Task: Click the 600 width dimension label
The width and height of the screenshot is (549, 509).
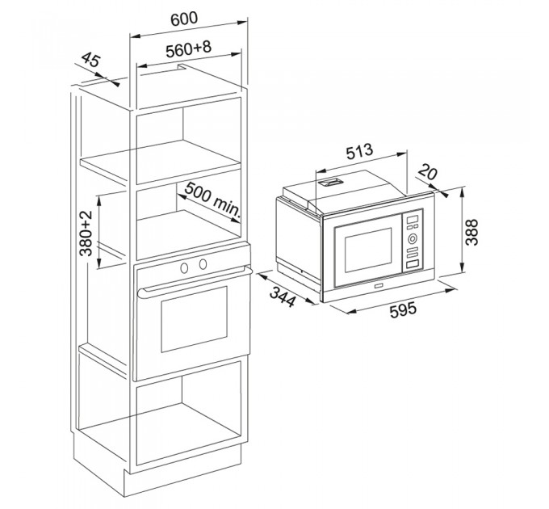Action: click(184, 19)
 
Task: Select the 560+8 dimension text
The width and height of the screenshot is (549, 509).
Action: click(189, 48)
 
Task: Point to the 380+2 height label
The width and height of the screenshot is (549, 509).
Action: click(85, 233)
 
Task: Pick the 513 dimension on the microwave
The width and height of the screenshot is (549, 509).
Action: click(359, 151)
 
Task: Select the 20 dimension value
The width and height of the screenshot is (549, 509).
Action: click(428, 171)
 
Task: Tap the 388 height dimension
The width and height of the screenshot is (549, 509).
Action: click(471, 232)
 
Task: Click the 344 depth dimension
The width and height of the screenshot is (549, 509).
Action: click(283, 297)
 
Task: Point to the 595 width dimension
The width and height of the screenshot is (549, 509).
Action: click(404, 309)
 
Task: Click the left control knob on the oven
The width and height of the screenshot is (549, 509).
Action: click(184, 268)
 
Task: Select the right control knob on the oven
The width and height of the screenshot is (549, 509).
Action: click(203, 264)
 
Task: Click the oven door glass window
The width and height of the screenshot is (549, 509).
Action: click(194, 319)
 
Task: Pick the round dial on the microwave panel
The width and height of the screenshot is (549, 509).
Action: click(412, 239)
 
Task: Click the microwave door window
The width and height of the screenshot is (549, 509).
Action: click(368, 250)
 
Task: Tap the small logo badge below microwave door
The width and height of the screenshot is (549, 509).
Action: click(378, 287)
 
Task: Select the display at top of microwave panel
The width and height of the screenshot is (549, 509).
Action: click(413, 219)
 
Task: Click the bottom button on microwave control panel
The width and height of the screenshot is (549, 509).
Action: click(412, 265)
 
